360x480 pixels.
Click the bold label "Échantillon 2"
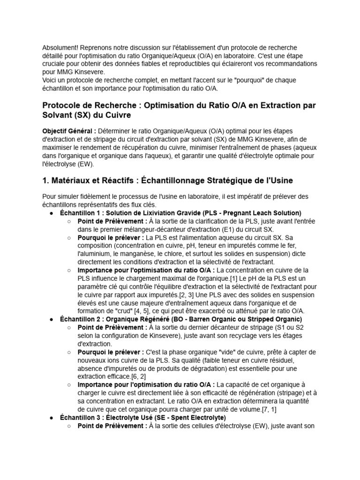[x=82, y=319]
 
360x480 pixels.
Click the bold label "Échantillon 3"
[x=82, y=417]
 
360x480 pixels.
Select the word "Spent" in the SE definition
[x=182, y=417]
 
